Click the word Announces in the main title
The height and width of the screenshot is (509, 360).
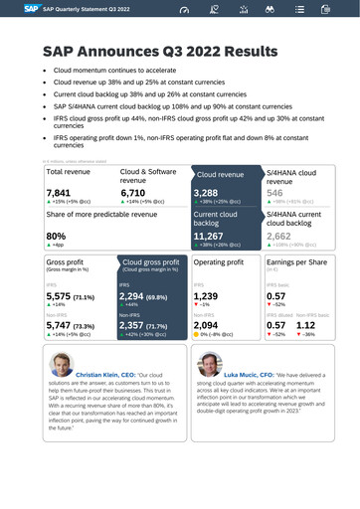(x=125, y=50)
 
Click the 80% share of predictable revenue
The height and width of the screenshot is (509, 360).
(x=57, y=236)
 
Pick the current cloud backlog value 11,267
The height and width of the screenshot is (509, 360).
(x=212, y=236)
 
